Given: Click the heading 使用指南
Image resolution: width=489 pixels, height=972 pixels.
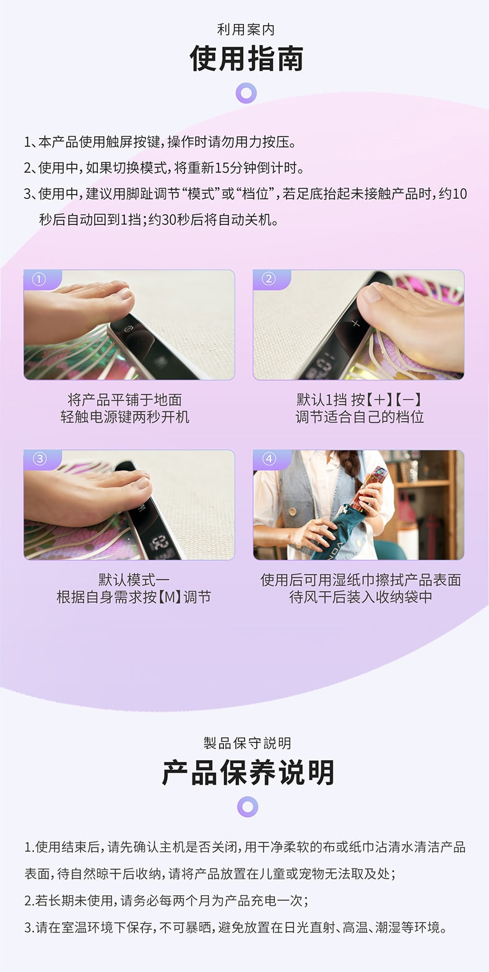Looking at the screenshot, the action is [x=246, y=58].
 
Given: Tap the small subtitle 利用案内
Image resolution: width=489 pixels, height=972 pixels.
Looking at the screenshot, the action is [x=246, y=30].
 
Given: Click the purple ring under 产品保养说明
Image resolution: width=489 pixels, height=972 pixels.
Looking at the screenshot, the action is [x=248, y=807].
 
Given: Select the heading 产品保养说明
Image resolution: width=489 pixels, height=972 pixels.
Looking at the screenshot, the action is [x=248, y=773].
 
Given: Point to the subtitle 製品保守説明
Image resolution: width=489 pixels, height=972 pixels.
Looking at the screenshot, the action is [x=247, y=743].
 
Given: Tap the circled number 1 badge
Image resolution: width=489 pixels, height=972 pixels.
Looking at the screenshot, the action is [x=38, y=279].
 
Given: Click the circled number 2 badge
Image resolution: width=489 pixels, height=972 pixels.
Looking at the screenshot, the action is [x=269, y=279].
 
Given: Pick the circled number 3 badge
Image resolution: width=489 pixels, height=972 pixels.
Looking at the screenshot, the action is [x=40, y=458].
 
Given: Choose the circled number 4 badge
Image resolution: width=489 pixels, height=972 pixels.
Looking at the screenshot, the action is [x=269, y=458].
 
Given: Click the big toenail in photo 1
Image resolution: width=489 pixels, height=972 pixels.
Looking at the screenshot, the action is [x=124, y=294].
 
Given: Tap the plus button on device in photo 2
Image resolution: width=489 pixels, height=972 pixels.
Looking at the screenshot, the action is [x=355, y=323].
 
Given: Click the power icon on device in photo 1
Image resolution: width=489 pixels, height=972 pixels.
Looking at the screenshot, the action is [x=129, y=330].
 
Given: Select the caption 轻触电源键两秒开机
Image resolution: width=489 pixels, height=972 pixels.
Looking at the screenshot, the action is [x=125, y=417].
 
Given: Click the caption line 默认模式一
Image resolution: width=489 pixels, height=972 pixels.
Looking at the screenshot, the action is [x=134, y=580].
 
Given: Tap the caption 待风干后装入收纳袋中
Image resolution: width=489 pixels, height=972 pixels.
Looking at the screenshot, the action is [x=360, y=597].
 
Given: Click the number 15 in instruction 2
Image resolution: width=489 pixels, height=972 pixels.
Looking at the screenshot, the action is [x=222, y=168].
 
